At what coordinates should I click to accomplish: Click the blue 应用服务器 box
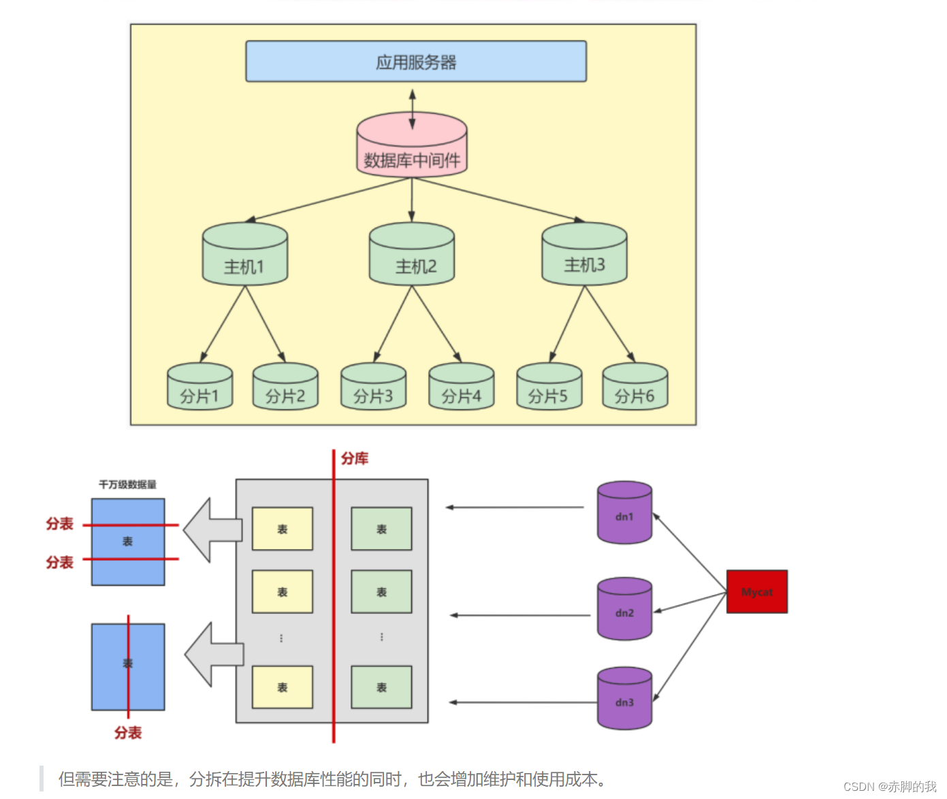click(416, 62)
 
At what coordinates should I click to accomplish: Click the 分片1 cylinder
click(200, 388)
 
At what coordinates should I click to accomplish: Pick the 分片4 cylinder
click(461, 388)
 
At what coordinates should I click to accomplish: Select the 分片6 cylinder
click(635, 388)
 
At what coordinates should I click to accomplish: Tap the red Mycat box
click(756, 592)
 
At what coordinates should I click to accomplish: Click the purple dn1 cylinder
click(624, 514)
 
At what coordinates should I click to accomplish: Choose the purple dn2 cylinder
click(624, 610)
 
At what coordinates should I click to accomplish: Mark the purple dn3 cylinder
click(624, 699)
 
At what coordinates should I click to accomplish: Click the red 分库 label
click(355, 458)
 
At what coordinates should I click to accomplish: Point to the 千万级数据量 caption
click(127, 484)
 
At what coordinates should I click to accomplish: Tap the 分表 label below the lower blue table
click(128, 733)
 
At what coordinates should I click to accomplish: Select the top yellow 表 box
click(283, 529)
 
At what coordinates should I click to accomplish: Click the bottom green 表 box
click(381, 687)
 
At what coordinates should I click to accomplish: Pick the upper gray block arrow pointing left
click(211, 530)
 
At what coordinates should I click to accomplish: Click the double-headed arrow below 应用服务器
click(412, 109)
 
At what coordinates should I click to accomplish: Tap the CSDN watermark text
click(889, 787)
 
